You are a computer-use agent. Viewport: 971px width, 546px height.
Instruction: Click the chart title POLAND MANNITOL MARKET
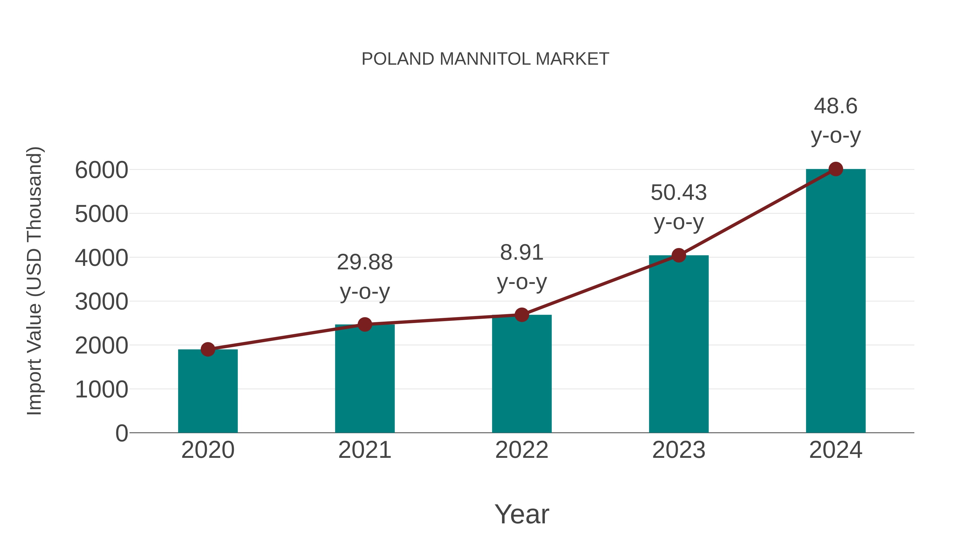point(485,59)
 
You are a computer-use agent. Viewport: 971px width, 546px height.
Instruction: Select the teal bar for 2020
point(208,392)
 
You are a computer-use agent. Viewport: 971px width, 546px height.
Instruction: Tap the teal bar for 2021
point(364,379)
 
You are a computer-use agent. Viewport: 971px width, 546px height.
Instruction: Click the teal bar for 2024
point(836,301)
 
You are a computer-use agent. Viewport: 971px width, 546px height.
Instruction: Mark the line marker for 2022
point(522,315)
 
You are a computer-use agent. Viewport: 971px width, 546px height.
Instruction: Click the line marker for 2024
point(836,169)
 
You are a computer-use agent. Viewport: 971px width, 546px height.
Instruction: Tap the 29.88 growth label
point(364,262)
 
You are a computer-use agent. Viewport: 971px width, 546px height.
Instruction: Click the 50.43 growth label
point(679,193)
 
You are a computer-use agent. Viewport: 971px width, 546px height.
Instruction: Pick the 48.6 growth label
point(836,106)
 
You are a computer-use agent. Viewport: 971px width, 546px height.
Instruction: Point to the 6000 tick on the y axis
point(101,170)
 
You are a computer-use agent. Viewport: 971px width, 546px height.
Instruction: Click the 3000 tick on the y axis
point(101,302)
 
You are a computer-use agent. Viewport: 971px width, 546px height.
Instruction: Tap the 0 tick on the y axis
point(121,433)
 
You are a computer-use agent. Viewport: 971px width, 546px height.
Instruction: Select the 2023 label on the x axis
point(679,450)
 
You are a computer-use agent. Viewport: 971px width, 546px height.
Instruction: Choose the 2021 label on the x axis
point(364,450)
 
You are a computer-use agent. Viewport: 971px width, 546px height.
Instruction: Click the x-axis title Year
point(522,514)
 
